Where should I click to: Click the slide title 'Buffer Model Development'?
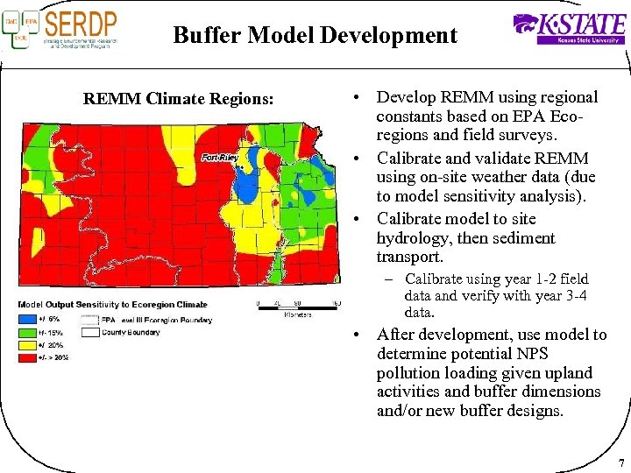click(x=315, y=35)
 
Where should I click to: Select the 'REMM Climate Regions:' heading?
click(x=179, y=98)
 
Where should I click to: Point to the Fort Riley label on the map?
click(x=220, y=158)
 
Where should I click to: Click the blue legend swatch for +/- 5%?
click(x=27, y=319)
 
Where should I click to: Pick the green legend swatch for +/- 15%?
click(x=27, y=332)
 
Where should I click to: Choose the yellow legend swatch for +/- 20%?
click(x=27, y=345)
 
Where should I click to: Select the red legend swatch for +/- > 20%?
click(x=27, y=357)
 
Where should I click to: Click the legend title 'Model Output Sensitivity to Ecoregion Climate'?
click(x=112, y=305)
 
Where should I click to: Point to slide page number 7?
click(x=620, y=462)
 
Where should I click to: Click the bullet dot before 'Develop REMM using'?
click(x=358, y=98)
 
